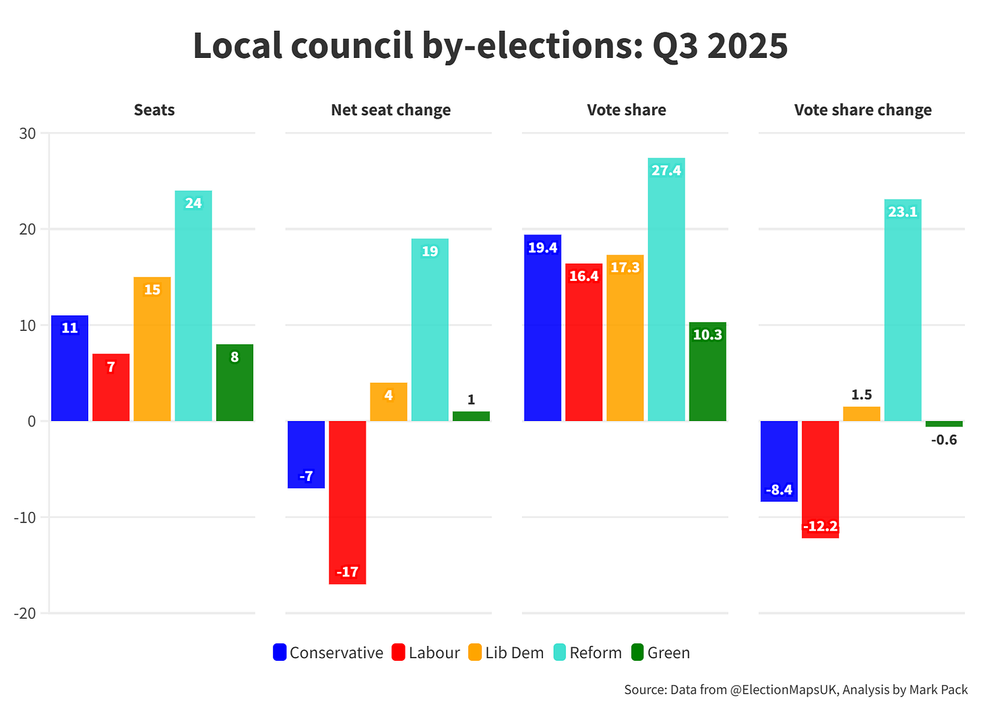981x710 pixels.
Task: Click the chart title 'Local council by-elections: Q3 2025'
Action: point(490,46)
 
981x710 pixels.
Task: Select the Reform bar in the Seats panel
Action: point(193,306)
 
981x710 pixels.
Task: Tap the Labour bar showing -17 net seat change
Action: point(348,502)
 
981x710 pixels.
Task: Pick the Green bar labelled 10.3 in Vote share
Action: point(707,372)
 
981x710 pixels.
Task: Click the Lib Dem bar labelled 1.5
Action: point(862,414)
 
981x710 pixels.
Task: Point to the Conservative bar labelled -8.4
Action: point(779,461)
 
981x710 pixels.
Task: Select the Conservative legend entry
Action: point(328,653)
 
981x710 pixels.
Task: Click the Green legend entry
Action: point(660,653)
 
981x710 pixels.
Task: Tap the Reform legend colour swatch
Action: point(560,653)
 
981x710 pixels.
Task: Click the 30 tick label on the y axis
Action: point(28,133)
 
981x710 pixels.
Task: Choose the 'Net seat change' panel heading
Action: point(391,110)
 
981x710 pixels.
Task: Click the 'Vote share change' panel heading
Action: point(862,110)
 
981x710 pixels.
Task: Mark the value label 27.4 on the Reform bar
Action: point(666,170)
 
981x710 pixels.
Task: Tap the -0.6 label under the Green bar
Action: point(944,440)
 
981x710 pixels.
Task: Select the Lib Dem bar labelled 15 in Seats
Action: point(152,349)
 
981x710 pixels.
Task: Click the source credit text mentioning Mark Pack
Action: point(796,690)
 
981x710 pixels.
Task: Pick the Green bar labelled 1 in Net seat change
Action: point(471,416)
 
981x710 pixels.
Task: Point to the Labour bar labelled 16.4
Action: point(584,342)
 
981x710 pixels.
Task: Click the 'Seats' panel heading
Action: point(154,110)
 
